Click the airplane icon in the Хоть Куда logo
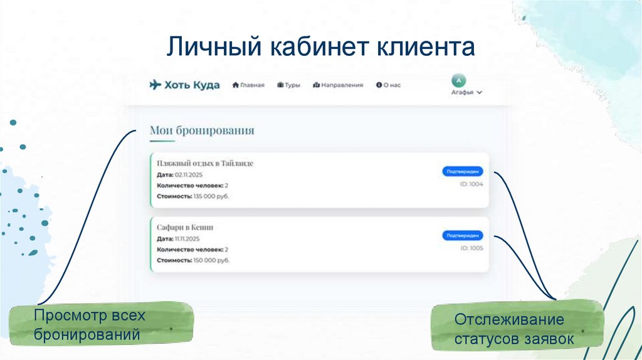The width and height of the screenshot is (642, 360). tap(155, 85)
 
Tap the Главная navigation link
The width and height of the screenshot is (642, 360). tap(249, 85)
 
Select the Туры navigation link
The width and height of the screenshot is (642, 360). tap(288, 85)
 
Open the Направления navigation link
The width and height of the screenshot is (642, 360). tap(338, 85)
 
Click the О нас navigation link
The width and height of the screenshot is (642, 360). tap(388, 85)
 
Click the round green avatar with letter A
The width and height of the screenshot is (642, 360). tap(460, 81)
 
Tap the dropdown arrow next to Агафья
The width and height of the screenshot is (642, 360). tap(480, 92)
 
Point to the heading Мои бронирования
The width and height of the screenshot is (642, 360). tap(202, 130)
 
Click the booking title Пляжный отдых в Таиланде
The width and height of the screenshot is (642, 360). tap(205, 163)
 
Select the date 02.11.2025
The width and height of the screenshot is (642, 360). tap(189, 175)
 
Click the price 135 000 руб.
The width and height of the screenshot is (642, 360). tap(211, 196)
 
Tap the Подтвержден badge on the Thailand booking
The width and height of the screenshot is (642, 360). tap(462, 171)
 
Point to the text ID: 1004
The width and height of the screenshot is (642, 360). tap(471, 184)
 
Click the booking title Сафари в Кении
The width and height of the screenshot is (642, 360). tap(185, 227)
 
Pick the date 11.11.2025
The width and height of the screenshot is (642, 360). tap(187, 239)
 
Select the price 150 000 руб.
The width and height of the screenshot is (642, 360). tap(211, 260)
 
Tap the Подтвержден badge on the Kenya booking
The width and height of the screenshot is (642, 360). tap(462, 235)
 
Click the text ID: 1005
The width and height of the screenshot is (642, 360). tap(471, 248)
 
